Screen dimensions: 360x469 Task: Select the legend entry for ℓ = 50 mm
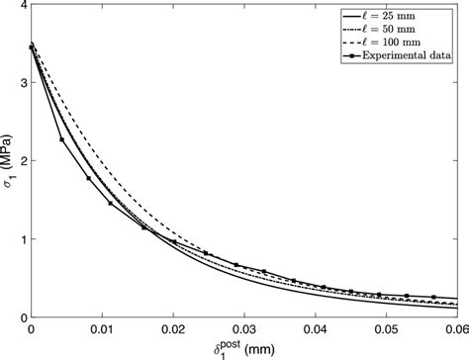[x=396, y=32]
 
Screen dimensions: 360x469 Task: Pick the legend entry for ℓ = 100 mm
[x=398, y=45]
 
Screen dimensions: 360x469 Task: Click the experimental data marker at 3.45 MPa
[x=32, y=46]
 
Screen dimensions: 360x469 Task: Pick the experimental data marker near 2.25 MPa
[x=61, y=139]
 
